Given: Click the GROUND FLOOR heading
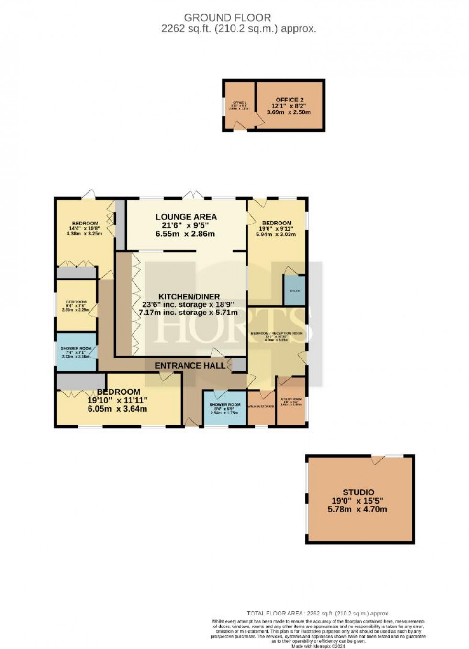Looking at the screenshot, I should coord(227,18).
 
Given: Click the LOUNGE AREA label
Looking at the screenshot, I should coord(186,217).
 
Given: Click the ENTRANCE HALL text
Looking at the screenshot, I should coord(190,366).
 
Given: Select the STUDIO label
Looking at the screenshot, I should coord(358,492).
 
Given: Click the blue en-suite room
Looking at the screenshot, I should coord(294,291).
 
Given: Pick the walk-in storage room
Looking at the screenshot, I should coord(261,407).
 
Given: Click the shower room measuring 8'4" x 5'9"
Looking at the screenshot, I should coord(224,408).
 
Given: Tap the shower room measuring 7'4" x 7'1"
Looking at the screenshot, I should coord(76,352).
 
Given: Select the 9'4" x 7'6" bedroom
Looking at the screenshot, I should coord(76,306).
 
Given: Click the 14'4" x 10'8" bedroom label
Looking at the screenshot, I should coord(85,224).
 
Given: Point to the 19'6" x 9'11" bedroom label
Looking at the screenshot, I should coord(277,223).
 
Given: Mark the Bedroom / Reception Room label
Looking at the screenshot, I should coord(277,333).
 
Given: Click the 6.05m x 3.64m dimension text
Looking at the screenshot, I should coord(117,409).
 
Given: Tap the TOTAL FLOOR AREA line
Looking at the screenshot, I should coord(318,613).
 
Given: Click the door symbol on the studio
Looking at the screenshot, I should coord(378,459).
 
